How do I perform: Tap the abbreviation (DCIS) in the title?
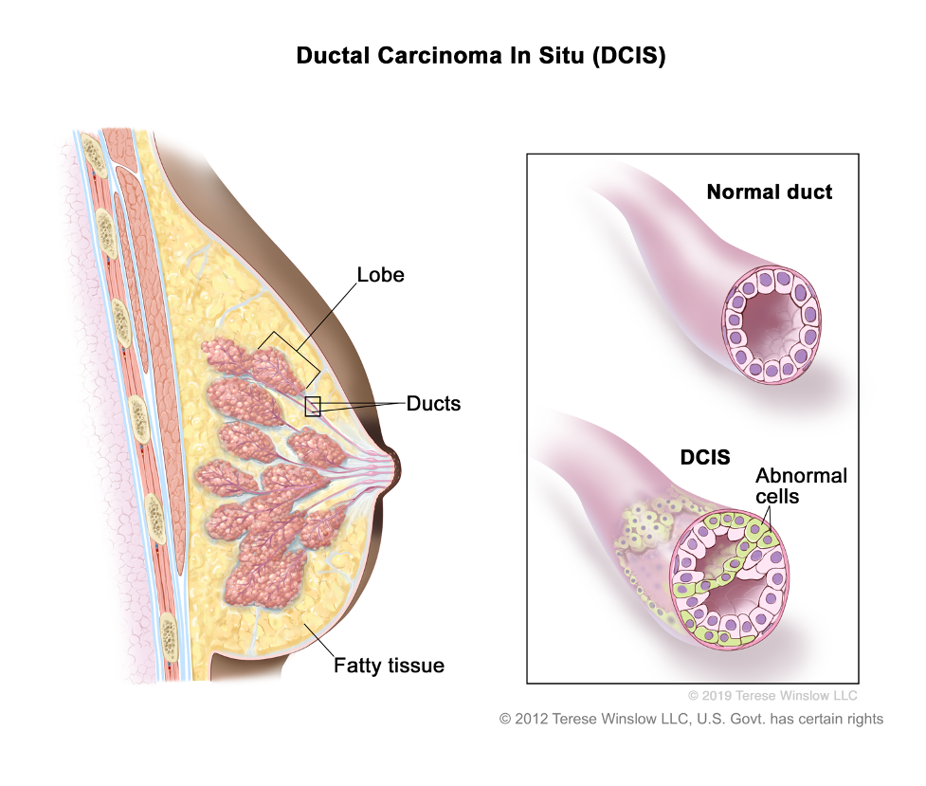point(628,56)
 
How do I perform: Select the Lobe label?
point(380,275)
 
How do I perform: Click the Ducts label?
point(433,404)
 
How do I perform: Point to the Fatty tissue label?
point(389,666)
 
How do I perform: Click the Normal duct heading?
point(770,192)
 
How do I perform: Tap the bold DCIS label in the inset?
point(705,457)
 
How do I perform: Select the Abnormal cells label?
point(802,485)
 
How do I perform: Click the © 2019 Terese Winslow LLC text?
point(772,696)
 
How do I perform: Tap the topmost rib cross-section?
point(93,155)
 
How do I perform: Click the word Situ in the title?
point(561,55)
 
